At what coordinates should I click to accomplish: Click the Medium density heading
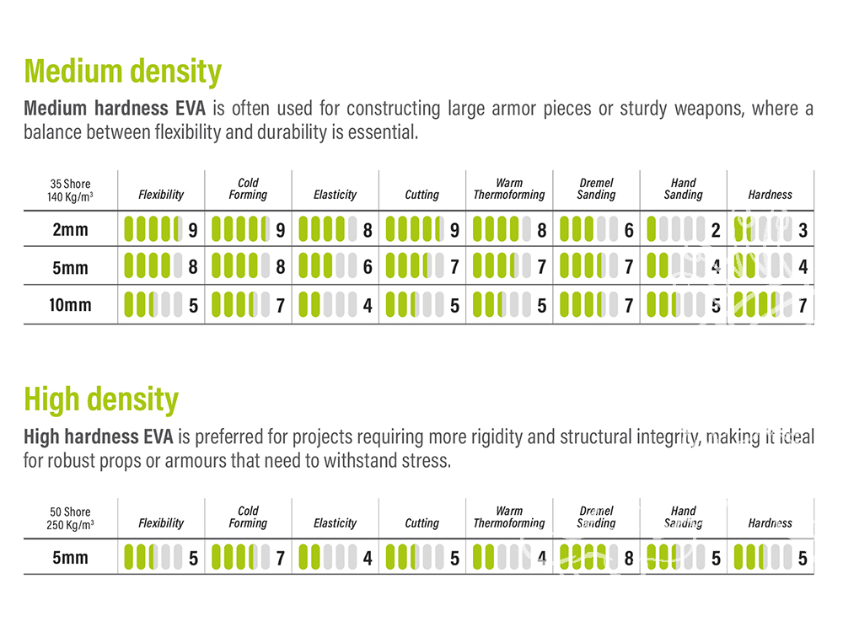click(x=122, y=71)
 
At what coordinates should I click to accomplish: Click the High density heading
click(x=101, y=399)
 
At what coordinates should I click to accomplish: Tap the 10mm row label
click(x=70, y=305)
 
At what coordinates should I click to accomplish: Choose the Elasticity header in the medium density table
click(x=336, y=195)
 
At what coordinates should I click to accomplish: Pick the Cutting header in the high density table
click(x=421, y=523)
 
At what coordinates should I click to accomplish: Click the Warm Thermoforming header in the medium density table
click(x=509, y=189)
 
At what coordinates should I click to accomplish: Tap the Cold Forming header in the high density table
click(x=248, y=517)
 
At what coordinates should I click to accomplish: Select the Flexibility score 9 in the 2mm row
click(x=193, y=230)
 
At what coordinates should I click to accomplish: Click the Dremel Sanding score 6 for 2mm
click(x=629, y=230)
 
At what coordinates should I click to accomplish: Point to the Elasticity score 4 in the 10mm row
click(x=368, y=305)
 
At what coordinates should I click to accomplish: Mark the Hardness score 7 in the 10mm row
click(x=803, y=305)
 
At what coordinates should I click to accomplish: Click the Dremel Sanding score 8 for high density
click(x=629, y=558)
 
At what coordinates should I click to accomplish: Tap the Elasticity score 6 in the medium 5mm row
click(x=368, y=268)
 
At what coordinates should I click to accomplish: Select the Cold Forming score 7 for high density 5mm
click(x=280, y=558)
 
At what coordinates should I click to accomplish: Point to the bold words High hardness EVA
click(x=98, y=437)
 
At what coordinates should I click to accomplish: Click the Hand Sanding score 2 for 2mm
click(x=716, y=230)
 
